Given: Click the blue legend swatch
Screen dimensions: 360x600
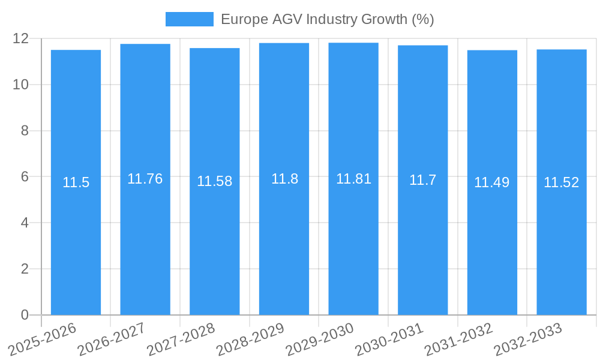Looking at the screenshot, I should [189, 19].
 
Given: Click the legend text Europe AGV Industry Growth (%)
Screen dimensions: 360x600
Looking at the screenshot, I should [327, 19].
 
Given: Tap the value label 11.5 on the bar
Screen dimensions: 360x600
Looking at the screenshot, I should [76, 182].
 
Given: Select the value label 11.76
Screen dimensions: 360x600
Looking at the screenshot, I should [145, 179].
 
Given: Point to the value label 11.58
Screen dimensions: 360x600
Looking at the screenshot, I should [214, 181].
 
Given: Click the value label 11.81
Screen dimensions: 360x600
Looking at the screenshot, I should [353, 179].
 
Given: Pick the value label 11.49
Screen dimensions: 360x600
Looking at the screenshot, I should [492, 182].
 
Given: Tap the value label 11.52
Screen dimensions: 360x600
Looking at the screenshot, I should [561, 182].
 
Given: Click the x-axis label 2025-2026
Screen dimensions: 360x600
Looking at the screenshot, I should [43, 338].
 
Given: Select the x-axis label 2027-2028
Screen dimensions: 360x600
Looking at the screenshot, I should [181, 338].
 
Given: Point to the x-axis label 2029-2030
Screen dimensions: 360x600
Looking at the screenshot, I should [320, 338].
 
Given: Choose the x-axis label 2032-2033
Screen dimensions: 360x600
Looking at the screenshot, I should [528, 338].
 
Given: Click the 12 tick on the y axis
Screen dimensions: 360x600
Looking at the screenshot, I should [21, 38].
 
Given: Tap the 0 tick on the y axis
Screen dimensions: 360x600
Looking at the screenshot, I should [25, 315].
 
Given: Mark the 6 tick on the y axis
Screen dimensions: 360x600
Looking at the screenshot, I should [25, 177].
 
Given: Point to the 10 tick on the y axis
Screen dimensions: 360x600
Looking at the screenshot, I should [21, 85].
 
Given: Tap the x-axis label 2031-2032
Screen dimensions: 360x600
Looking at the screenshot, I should [459, 338].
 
